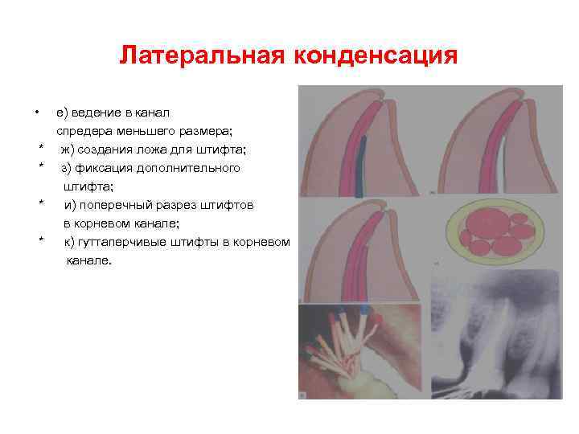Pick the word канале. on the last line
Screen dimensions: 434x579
(x=90, y=260)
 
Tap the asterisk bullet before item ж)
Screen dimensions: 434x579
(x=40, y=150)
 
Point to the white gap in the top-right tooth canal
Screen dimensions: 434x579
(x=502, y=165)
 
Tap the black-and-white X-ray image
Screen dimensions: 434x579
(x=494, y=338)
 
